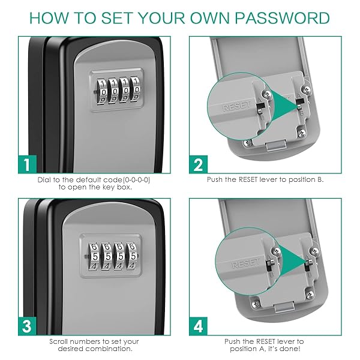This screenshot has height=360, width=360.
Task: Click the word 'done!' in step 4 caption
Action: tap(291, 349)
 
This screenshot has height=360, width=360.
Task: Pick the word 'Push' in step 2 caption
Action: tap(216, 179)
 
